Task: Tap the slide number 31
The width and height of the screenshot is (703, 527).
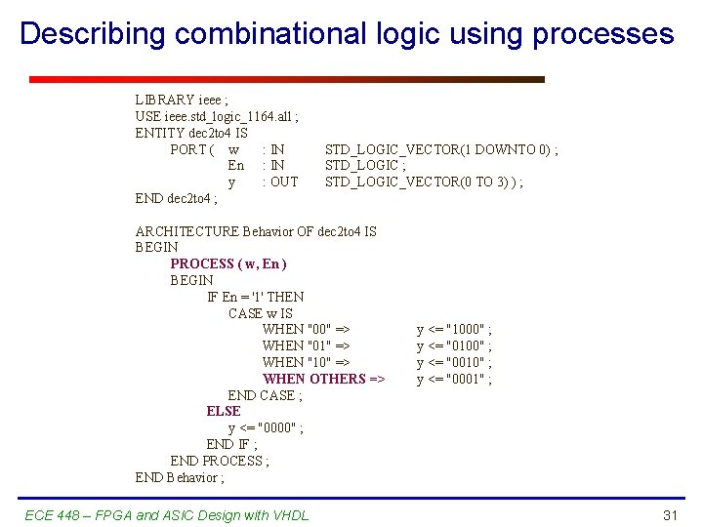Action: tap(670, 515)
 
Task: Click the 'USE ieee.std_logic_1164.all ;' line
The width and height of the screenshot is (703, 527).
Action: tap(217, 116)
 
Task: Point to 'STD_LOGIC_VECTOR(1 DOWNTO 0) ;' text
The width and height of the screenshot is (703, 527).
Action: tap(441, 149)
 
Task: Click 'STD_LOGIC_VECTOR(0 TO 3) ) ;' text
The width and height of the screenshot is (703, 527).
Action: tap(424, 182)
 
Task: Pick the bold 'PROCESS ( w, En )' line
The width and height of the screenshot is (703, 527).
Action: tap(228, 263)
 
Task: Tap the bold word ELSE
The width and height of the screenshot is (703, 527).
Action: tap(224, 411)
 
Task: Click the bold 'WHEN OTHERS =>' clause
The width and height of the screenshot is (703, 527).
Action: tap(324, 379)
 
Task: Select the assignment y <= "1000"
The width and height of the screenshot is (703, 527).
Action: tap(454, 330)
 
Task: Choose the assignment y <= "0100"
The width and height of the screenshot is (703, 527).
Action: tap(454, 346)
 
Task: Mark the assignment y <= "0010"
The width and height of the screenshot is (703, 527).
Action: tap(454, 363)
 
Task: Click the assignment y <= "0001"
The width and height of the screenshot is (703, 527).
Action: tap(454, 379)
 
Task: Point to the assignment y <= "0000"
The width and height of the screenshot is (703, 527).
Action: tap(266, 427)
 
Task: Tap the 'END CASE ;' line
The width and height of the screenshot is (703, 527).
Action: tap(265, 395)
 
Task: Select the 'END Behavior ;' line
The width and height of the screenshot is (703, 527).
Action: tap(180, 477)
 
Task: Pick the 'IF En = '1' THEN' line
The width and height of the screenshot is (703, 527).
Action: tap(256, 297)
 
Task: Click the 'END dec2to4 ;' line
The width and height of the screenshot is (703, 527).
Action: tap(177, 198)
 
